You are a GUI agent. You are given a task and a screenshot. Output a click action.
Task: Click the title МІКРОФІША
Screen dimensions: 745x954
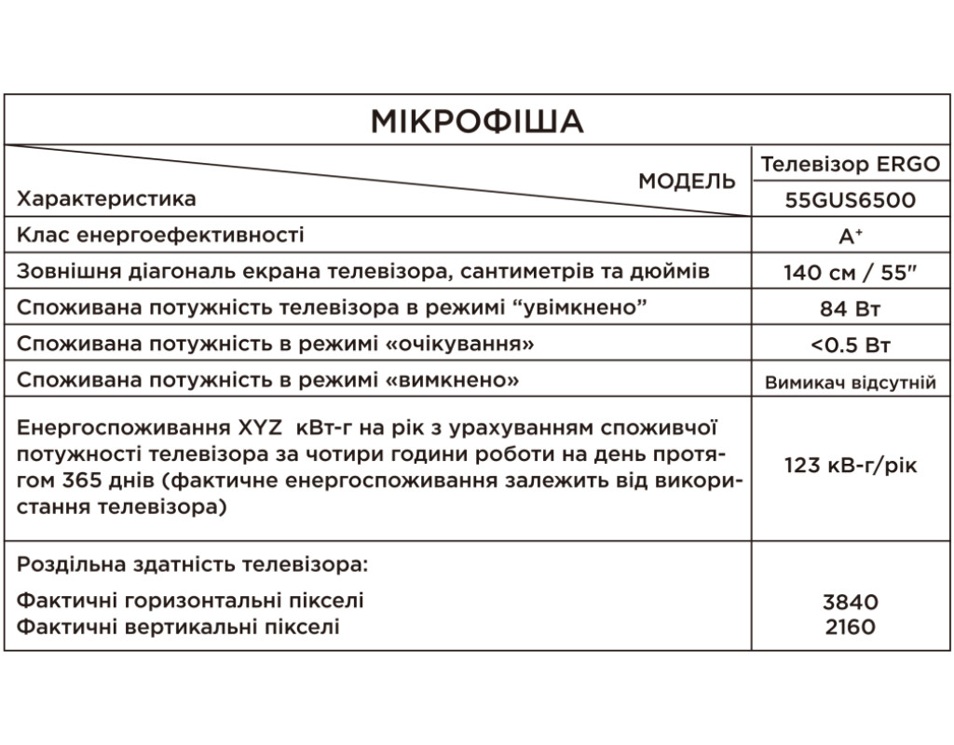(x=476, y=121)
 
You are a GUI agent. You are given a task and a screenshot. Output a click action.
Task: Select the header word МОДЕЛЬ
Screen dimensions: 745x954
(x=687, y=182)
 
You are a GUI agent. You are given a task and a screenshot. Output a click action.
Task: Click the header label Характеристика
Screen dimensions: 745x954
(x=107, y=199)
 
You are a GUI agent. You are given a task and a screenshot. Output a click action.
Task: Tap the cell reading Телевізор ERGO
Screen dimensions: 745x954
(x=850, y=165)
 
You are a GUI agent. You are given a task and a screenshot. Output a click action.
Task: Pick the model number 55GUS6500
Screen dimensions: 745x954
(x=850, y=200)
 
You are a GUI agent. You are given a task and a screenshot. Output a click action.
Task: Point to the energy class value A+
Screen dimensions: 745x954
(x=850, y=237)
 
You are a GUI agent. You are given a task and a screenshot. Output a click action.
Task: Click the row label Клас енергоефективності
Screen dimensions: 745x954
(x=160, y=236)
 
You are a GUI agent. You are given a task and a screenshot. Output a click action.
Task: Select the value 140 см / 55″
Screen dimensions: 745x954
(x=850, y=273)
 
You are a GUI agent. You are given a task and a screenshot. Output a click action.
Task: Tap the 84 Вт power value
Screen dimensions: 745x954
(x=850, y=309)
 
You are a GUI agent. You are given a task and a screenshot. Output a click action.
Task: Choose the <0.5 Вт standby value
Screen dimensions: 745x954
(x=850, y=345)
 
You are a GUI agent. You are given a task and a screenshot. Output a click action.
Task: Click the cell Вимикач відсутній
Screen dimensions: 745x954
(x=850, y=382)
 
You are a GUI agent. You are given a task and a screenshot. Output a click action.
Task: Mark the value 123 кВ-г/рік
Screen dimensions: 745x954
(x=850, y=465)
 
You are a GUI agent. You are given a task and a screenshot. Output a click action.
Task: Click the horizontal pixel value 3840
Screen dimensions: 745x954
(x=850, y=603)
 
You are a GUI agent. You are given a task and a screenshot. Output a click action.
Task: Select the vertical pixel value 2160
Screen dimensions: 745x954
(x=850, y=627)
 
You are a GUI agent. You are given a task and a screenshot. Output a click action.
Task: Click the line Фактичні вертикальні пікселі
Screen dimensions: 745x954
(x=179, y=627)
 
